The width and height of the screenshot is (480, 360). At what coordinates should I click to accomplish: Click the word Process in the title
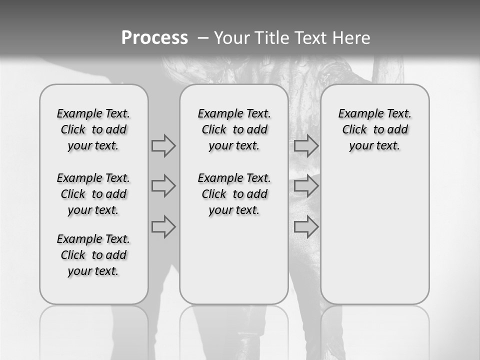(154, 38)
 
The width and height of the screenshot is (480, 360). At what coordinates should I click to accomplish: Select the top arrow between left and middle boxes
(163, 146)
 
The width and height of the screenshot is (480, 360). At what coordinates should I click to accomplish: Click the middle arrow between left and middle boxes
(163, 186)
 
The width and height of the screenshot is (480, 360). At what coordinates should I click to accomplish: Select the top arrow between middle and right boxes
(306, 146)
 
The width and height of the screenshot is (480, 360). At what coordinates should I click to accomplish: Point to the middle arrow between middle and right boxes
(306, 186)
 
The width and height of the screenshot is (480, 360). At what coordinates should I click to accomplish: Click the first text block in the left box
(93, 129)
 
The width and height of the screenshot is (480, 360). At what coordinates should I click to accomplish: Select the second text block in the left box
(93, 194)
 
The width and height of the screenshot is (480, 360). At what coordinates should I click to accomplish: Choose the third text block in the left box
(93, 255)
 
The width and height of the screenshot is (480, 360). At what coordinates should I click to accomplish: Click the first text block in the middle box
(234, 129)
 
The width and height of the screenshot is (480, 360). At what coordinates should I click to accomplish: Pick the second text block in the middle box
(234, 194)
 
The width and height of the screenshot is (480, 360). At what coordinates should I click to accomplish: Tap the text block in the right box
(374, 129)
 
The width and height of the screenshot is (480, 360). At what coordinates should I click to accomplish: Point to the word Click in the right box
(354, 130)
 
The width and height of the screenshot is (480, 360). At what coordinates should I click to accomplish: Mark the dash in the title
(203, 38)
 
